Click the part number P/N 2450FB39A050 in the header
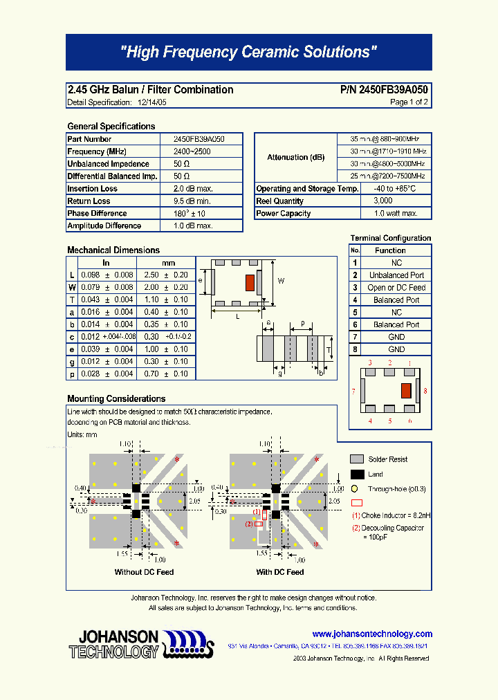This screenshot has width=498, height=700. click(x=384, y=90)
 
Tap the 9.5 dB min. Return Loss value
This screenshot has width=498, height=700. click(x=193, y=201)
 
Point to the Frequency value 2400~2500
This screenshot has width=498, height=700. click(x=193, y=151)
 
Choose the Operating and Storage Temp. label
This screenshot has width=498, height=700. click(x=307, y=189)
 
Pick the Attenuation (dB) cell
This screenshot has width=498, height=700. click(x=295, y=158)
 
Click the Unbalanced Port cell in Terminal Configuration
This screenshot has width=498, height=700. click(x=396, y=275)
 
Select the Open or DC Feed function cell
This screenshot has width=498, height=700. click(x=396, y=288)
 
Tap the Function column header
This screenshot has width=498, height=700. click(x=390, y=250)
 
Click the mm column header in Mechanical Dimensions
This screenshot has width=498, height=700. click(x=168, y=263)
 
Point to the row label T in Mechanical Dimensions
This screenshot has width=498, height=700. click(x=72, y=300)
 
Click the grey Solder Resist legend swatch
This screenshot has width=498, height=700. click(x=357, y=459)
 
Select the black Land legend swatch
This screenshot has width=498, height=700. click(x=357, y=475)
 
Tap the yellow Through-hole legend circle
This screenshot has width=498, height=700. click(x=354, y=488)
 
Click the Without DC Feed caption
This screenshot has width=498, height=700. click(x=144, y=572)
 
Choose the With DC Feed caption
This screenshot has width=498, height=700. click(x=279, y=572)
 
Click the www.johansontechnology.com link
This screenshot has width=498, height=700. click(x=372, y=634)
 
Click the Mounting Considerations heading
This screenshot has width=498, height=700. click(x=116, y=399)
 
